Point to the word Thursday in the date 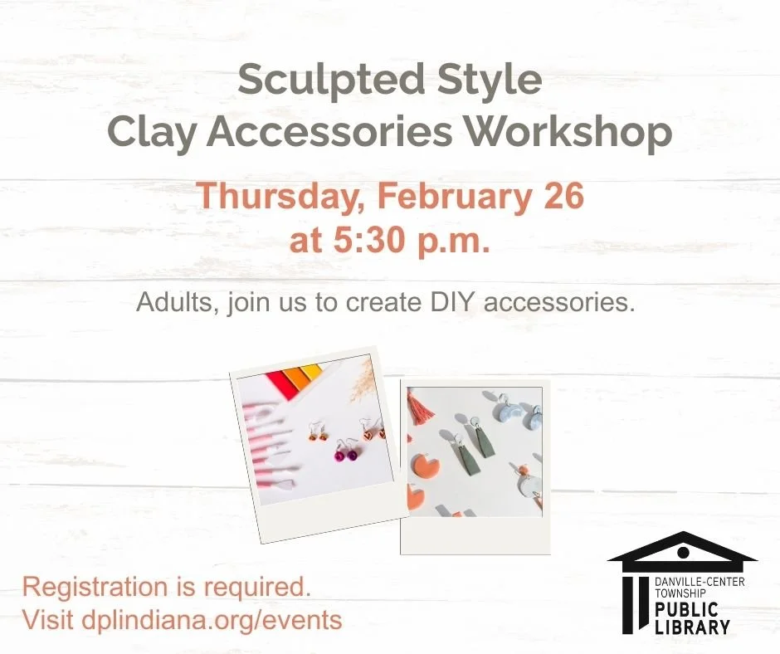point(280,198)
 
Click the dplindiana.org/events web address point(212,619)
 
